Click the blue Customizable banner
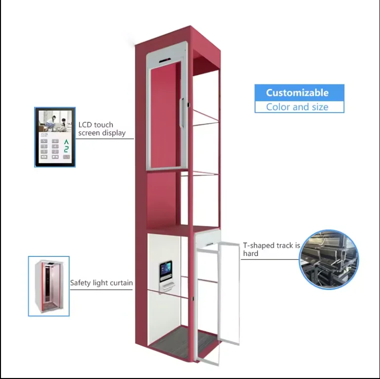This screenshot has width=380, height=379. tap(298, 92)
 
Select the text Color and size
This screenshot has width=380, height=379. tap(297, 107)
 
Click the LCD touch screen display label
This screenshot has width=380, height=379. tap(102, 129)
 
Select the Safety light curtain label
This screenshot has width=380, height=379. tap(101, 283)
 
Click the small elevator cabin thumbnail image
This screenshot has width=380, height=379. tap(48, 286)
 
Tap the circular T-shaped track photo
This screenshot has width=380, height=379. tap(329, 259)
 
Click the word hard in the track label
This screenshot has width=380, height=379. tap(251, 253)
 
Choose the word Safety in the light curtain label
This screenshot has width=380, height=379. tap(81, 283)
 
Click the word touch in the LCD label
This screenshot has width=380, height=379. tap(103, 125)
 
